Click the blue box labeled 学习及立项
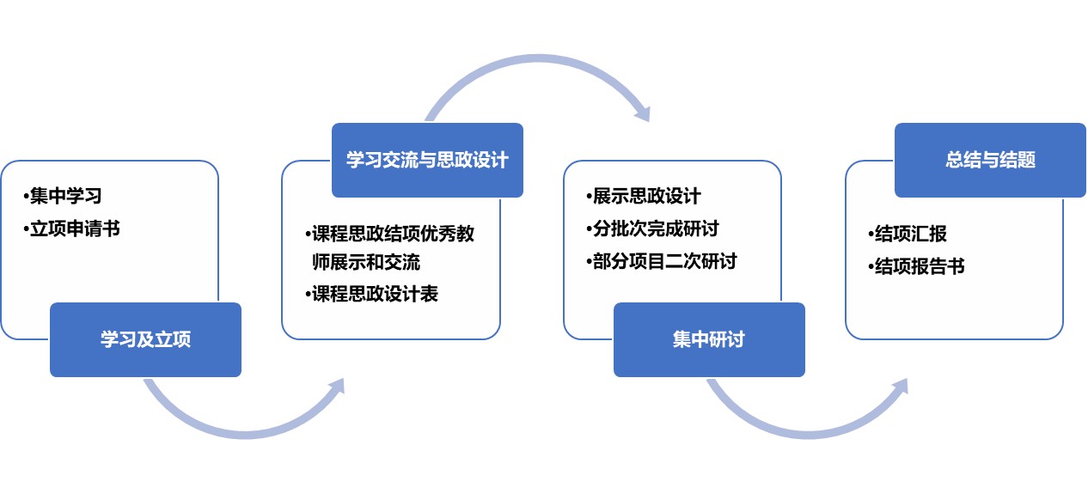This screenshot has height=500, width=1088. tap(146, 340)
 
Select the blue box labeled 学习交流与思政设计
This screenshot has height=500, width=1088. tap(427, 160)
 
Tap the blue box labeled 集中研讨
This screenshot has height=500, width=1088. tap(709, 340)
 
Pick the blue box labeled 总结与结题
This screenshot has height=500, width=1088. tap(990, 160)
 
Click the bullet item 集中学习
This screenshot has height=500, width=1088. tap(62, 196)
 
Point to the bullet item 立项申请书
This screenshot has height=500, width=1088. tap(71, 229)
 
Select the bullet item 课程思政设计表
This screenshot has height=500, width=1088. tap(371, 294)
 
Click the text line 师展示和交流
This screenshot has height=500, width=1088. tap(366, 262)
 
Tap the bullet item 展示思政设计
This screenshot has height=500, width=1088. tap(643, 196)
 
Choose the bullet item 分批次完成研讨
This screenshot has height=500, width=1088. tap(652, 229)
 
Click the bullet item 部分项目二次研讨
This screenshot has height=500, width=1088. tap(661, 261)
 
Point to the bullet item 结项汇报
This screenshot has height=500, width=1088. tap(908, 234)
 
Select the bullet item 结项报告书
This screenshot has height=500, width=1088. tap(916, 266)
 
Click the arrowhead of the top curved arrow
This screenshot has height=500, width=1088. tap(644, 113)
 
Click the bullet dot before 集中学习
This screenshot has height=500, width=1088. tap(26, 197)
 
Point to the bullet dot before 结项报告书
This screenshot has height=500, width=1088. tap(871, 267)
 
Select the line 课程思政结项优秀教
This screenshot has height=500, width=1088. tap(389, 234)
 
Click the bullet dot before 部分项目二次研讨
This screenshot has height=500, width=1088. tap(589, 262)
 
